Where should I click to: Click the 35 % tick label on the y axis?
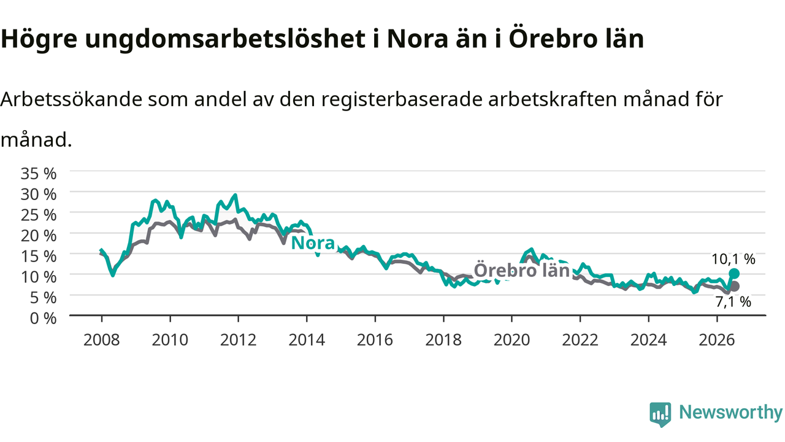39,173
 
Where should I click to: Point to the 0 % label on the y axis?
43,319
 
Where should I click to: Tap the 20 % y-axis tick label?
39,235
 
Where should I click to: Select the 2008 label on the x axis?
102,340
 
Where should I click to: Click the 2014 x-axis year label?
307,340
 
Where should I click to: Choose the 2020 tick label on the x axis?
511,340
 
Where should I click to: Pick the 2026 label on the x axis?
717,340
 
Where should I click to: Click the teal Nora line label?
313,243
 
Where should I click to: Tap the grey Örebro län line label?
522,271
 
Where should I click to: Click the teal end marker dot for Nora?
734,274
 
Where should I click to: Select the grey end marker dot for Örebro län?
734,286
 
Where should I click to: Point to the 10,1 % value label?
733,259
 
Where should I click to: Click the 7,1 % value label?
733,302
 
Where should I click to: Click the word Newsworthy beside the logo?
730,413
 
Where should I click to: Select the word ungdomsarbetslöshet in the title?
225,39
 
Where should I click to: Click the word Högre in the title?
39,39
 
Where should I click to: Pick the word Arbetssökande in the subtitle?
72,99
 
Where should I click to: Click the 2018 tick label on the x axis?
443,340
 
